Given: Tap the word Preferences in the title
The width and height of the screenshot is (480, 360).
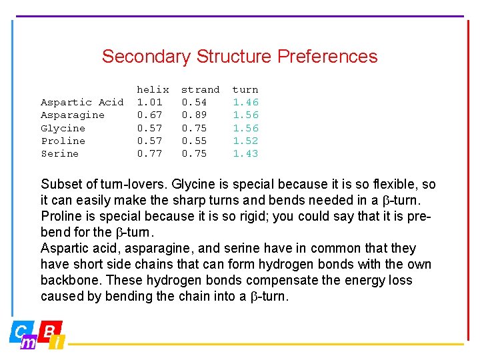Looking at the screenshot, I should click(x=327, y=57).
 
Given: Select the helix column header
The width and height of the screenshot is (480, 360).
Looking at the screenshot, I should click(x=153, y=89).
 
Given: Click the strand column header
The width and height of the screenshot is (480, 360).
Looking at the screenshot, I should click(x=200, y=89).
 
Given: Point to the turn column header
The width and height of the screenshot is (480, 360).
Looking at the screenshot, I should click(x=245, y=89).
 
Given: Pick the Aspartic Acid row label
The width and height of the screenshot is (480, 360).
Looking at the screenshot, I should click(x=82, y=102).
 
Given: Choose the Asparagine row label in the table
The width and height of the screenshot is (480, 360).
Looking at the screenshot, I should click(x=73, y=115).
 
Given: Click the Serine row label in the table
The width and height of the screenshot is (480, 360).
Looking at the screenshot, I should click(x=59, y=153).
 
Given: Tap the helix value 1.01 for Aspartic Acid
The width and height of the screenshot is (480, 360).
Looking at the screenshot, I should click(x=149, y=102).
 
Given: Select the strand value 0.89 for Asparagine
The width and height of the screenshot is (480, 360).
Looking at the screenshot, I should click(x=194, y=115).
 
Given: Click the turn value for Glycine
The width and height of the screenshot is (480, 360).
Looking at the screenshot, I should click(x=245, y=128).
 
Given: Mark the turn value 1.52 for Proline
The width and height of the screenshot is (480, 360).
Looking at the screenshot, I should click(x=245, y=141).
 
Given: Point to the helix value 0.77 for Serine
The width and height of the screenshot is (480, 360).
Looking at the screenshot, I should click(x=149, y=153).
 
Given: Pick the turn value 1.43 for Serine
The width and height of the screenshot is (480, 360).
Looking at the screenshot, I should click(x=245, y=153).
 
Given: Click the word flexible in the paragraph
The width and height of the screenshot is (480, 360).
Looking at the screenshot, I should click(x=394, y=185).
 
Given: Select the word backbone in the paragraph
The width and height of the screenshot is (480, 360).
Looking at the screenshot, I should click(x=71, y=281).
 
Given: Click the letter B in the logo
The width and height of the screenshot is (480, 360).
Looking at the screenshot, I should click(x=49, y=329).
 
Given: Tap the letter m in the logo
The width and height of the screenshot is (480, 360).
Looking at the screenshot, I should click(x=28, y=342).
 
